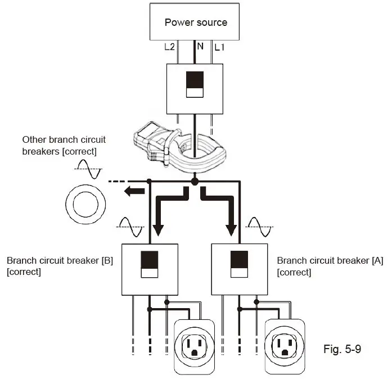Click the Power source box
point(196,22)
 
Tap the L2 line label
point(169,47)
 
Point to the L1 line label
point(219,47)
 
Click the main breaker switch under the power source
point(195,84)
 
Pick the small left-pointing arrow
point(133,192)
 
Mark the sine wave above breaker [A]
point(259,227)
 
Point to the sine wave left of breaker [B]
point(130,227)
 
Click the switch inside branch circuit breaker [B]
point(150,265)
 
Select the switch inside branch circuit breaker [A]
point(240,265)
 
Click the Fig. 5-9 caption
point(342,350)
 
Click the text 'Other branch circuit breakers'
point(64,145)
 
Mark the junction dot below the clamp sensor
point(195,181)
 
